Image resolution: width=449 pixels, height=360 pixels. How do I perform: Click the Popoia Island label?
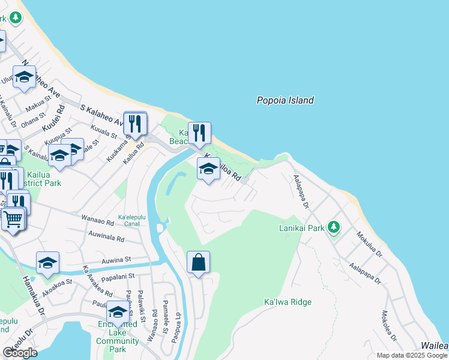tap(285, 101)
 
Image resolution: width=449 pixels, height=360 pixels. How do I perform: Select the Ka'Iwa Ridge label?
tap(288, 302)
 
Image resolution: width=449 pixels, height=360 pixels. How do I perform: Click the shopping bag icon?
tap(198, 262)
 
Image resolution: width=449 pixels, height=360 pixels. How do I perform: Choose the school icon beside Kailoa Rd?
tap(208, 169)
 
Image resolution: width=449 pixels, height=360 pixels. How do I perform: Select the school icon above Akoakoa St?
tap(47, 263)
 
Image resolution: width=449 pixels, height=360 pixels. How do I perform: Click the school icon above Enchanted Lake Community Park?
tap(118, 313)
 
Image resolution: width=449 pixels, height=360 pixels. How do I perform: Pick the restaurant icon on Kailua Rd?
tap(135, 124)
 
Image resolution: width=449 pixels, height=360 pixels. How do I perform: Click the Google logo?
tap(20, 352)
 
